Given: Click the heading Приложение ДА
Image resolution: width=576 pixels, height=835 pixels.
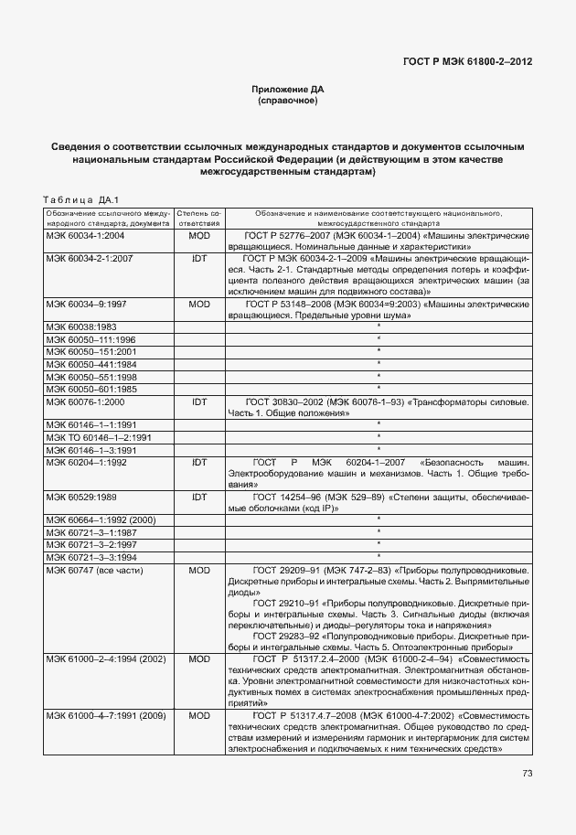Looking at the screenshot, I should (288, 89).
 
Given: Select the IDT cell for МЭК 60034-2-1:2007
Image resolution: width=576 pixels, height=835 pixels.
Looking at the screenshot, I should (199, 259).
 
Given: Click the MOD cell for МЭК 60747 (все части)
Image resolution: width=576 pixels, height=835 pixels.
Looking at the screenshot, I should (199, 570).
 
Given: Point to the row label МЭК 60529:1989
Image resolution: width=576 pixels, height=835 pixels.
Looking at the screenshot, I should (81, 497).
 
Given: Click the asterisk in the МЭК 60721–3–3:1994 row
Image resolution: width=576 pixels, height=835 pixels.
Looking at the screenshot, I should (379, 556).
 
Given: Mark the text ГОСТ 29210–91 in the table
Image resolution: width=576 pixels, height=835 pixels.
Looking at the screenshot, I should (283, 604).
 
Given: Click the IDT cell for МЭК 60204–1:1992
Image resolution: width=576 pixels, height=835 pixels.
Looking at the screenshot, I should (199, 463).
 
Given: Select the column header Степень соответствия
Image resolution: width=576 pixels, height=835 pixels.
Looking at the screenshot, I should (199, 218).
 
